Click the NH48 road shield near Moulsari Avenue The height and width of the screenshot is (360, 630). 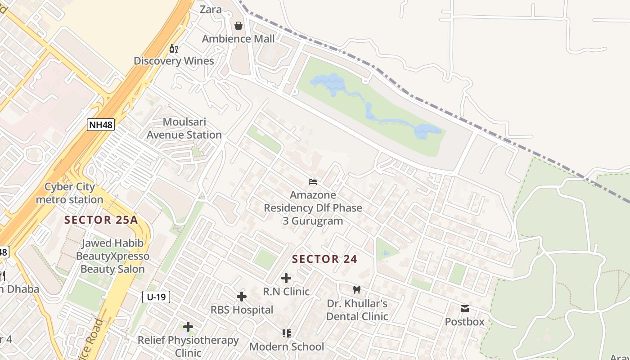point(101,125)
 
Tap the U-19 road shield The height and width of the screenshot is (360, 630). point(156,297)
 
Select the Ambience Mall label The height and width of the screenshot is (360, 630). point(238,39)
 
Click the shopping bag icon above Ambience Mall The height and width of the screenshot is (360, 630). point(238,26)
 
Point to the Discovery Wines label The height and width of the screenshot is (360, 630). point(174,61)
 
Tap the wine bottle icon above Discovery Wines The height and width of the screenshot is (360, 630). point(173,48)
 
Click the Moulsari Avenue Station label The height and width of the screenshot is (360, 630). point(184,128)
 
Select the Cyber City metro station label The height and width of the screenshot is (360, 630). point(70,193)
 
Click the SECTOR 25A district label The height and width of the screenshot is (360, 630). point(101,220)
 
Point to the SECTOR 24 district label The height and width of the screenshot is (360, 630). point(324,259)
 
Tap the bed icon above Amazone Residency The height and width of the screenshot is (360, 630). point(313,182)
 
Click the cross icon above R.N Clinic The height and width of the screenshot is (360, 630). point(286,278)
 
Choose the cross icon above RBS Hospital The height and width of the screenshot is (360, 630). point(242,297)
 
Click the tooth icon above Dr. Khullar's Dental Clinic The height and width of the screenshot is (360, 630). point(357,290)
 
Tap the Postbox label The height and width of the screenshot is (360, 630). point(464,322)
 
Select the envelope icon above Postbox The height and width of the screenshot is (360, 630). point(464,309)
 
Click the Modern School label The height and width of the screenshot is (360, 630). point(287,346)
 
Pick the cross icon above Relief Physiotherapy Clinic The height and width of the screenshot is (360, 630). point(188,327)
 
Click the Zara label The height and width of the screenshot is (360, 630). point(211,9)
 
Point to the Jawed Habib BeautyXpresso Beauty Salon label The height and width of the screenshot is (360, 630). point(112,256)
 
